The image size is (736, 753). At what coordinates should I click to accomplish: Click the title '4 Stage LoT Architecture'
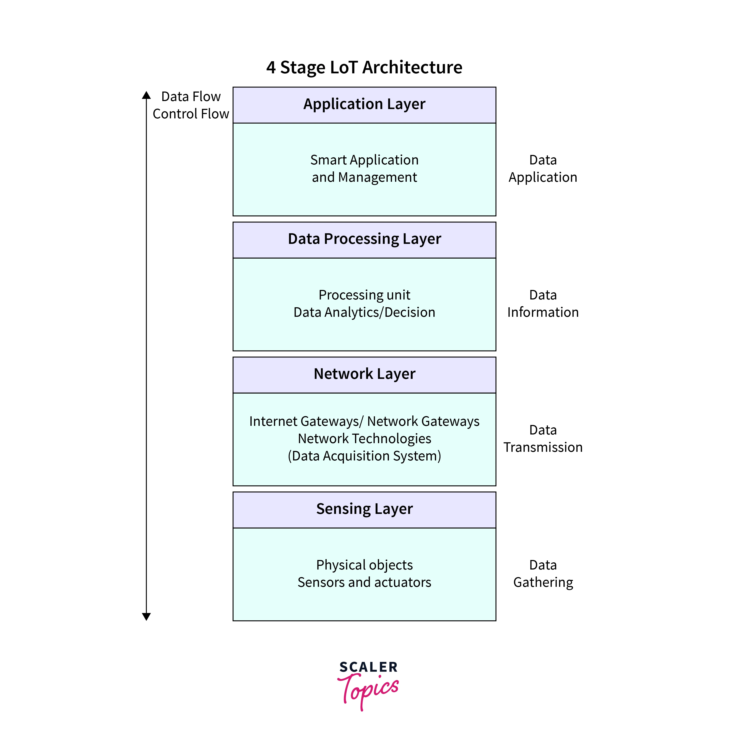(x=364, y=67)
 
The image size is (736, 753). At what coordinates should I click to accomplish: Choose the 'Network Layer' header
(x=364, y=374)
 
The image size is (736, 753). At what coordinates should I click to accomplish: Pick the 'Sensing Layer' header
(x=364, y=509)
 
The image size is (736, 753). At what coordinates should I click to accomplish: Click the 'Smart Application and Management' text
(x=364, y=168)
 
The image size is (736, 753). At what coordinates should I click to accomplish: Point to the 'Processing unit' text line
(x=364, y=295)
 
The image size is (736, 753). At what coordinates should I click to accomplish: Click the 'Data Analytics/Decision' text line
(x=364, y=312)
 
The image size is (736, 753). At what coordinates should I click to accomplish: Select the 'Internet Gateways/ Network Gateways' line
(x=364, y=421)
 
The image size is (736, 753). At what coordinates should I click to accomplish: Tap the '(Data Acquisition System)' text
(x=364, y=456)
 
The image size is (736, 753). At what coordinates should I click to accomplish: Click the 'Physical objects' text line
(x=364, y=565)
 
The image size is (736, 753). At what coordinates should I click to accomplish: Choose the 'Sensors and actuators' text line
(x=364, y=582)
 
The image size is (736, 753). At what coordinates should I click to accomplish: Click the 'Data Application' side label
(x=543, y=168)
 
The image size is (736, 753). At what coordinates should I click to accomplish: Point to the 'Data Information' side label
(x=543, y=304)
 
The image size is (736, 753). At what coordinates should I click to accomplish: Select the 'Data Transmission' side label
(x=543, y=439)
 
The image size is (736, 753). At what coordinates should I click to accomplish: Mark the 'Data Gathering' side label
(x=543, y=574)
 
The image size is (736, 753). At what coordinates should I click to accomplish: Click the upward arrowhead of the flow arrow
(x=146, y=95)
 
